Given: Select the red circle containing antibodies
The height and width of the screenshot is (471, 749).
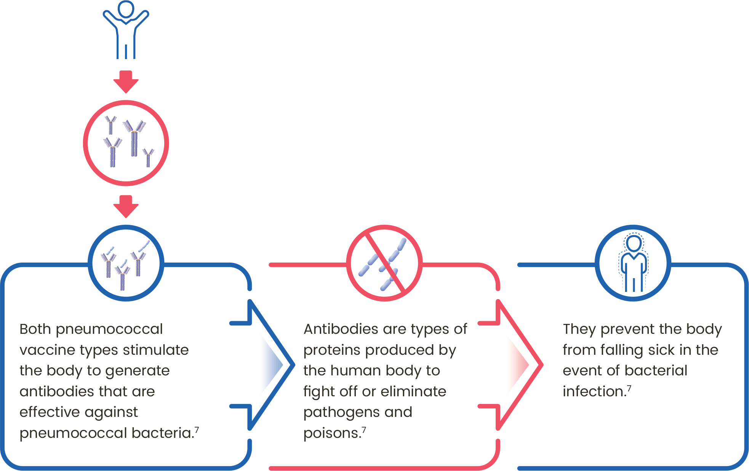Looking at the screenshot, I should coord(126,143).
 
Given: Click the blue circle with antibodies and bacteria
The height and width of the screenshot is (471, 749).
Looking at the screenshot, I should coord(126,263).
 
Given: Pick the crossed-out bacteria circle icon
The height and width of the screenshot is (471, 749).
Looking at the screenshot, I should coord(384,263).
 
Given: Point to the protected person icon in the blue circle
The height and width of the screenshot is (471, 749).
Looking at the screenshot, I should coord(633,263).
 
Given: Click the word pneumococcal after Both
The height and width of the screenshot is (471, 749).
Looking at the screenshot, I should coord(109,329).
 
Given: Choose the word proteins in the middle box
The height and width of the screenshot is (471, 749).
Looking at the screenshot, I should coord(331,350).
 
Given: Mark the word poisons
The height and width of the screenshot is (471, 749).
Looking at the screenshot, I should coord(332,433).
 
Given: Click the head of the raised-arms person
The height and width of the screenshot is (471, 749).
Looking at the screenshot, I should coord(126,9).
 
